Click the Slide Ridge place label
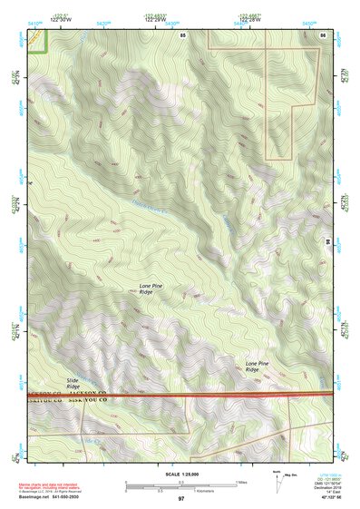point(73,383)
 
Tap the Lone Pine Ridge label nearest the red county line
point(258,367)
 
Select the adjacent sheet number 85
point(183,34)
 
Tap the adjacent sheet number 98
point(326,242)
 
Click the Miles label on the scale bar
point(242,482)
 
